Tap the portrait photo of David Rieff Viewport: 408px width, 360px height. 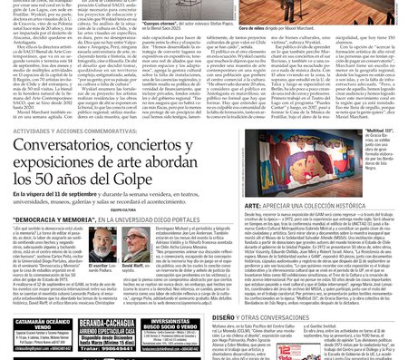133,243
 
